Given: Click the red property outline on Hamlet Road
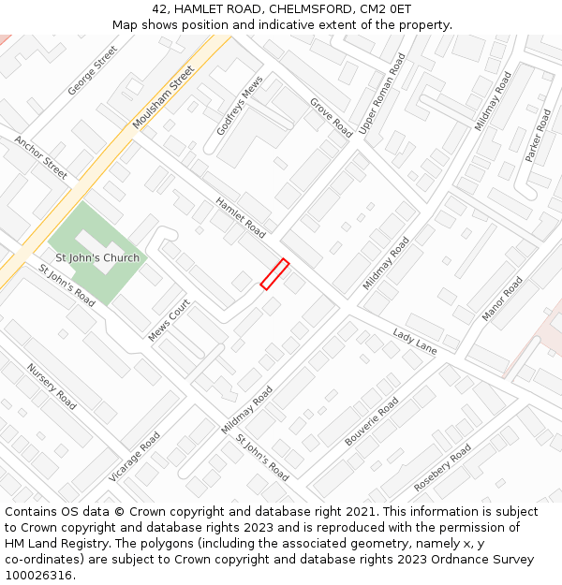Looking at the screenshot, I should tap(274, 274).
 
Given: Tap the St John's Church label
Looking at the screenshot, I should tap(97, 258).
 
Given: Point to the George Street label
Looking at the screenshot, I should tap(93, 70).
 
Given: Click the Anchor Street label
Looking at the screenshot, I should tap(40, 157).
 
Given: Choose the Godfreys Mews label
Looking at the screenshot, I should tap(240, 107).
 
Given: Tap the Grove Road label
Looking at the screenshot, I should tap(331, 118).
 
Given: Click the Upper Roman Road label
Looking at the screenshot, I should tap(383, 93).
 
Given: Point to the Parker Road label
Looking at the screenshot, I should tap(539, 135).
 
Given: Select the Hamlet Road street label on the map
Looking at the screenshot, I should tap(241, 217).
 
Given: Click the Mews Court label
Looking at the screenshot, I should tap(170, 320).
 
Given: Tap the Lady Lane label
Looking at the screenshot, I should tap(415, 342).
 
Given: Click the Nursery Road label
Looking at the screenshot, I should tap(52, 387).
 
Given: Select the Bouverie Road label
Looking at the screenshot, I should tap(372, 421).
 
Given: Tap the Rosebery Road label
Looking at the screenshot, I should tap(443, 468).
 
